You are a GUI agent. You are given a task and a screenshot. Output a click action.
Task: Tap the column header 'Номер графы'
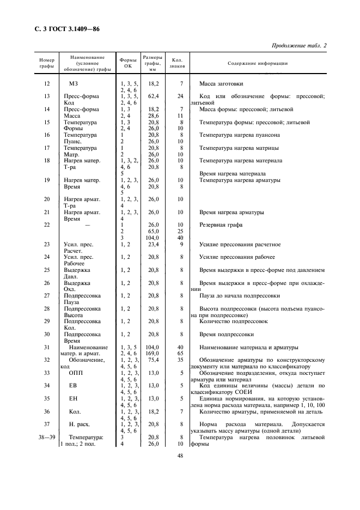coord(46,63)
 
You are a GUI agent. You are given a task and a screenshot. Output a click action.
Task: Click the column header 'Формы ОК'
coord(129,63)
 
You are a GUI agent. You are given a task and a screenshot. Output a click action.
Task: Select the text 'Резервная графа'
coord(221,224)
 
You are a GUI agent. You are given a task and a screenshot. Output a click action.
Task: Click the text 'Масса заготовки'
coord(221,84)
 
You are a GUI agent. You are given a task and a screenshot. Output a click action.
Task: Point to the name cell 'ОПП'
coord(76,373)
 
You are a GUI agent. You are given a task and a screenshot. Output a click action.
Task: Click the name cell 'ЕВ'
coord(74,385)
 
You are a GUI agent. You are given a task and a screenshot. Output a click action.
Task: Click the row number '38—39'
coord(46,436)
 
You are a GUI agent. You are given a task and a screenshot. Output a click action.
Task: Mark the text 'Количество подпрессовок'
coord(234,321)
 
